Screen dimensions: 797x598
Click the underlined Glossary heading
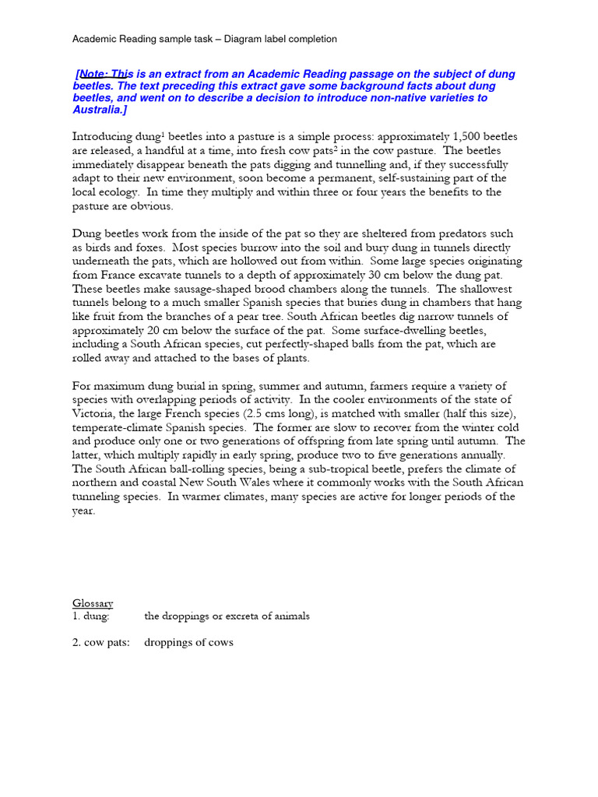(x=93, y=603)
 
